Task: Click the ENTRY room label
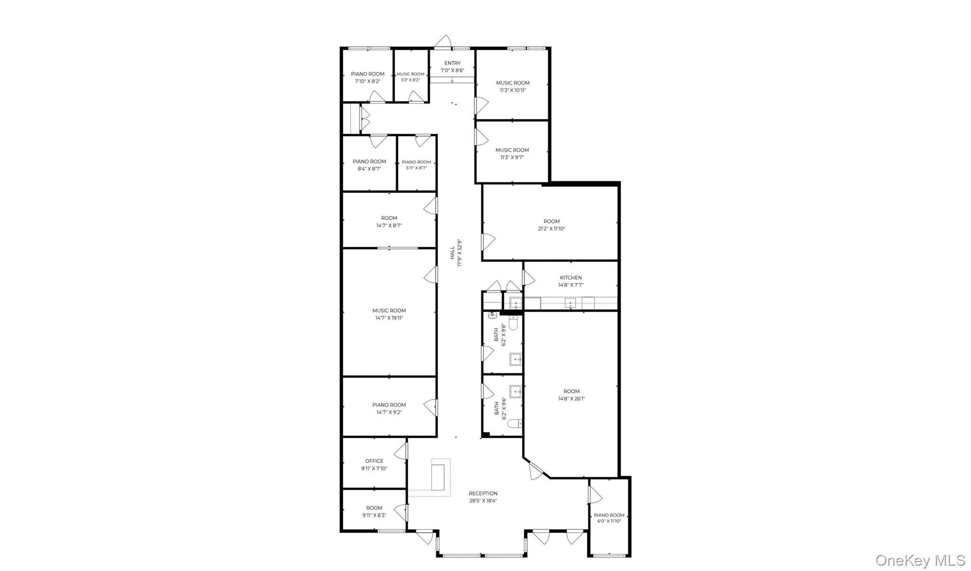click(x=452, y=63)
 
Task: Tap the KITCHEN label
click(x=570, y=278)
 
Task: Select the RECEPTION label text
click(x=483, y=493)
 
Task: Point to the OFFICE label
click(x=374, y=461)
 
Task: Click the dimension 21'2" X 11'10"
click(x=551, y=229)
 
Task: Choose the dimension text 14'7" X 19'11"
click(x=389, y=318)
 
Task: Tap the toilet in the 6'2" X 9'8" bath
click(x=513, y=323)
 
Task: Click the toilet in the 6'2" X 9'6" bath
click(x=513, y=423)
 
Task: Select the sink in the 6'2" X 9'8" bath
click(x=515, y=360)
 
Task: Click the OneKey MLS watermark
click(x=920, y=561)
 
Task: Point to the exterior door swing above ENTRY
click(x=443, y=42)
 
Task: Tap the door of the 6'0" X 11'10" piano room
click(x=595, y=495)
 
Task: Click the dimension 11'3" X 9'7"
click(x=512, y=157)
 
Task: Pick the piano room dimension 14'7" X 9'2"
click(x=389, y=412)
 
